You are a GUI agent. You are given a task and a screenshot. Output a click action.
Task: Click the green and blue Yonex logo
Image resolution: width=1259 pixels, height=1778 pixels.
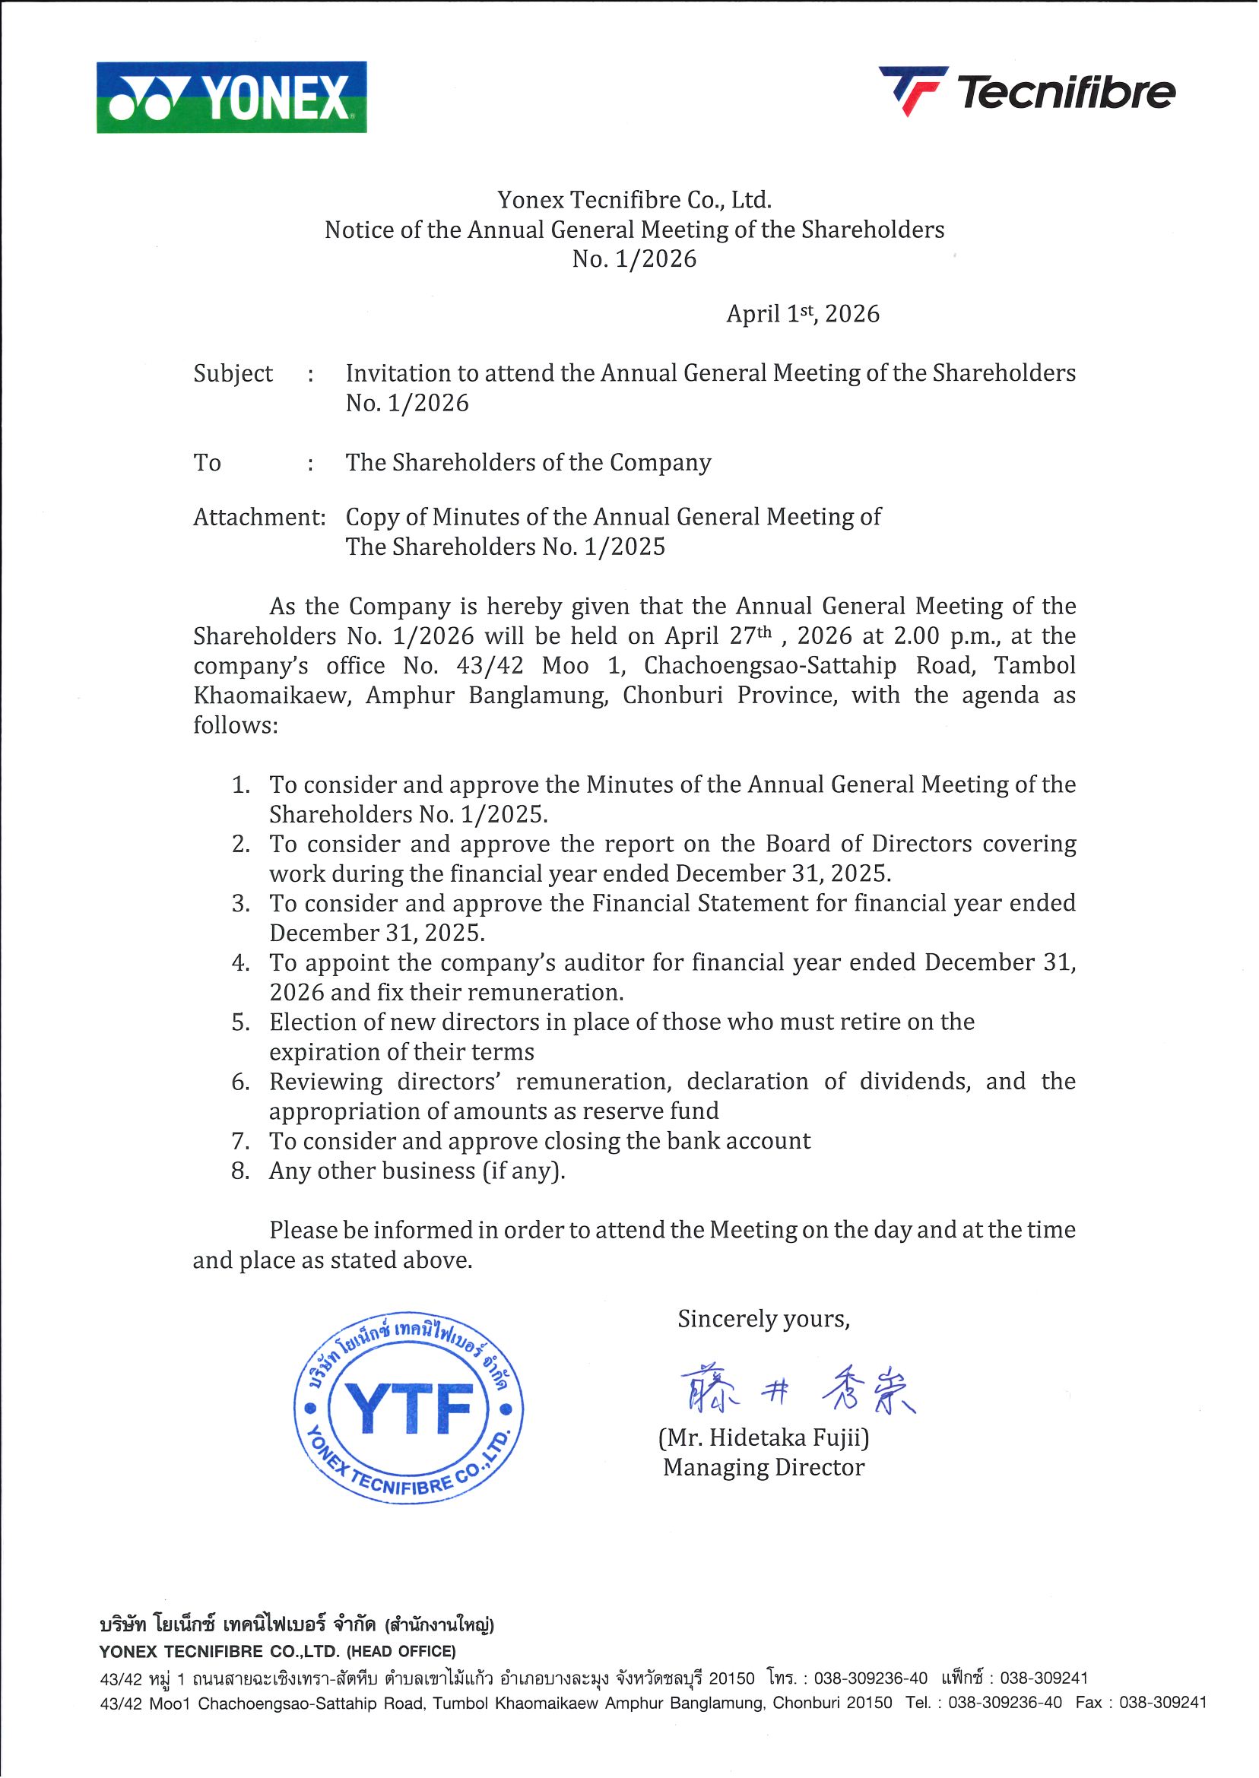tap(231, 97)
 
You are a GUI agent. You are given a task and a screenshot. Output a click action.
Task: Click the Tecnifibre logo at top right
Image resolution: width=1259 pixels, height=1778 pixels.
tap(1026, 91)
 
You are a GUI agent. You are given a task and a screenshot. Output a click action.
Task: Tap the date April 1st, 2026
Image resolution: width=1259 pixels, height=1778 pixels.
tap(802, 314)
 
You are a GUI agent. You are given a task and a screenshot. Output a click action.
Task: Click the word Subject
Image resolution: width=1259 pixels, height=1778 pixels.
tap(233, 373)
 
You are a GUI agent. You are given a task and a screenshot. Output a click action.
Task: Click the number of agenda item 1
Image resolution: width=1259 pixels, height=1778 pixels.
tap(240, 785)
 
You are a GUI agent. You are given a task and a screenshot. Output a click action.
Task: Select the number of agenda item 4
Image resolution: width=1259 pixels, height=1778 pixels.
tap(240, 963)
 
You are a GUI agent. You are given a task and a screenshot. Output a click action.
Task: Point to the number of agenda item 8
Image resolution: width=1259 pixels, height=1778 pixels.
tap(240, 1171)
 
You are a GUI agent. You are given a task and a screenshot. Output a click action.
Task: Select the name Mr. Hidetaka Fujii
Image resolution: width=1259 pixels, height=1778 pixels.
tap(763, 1438)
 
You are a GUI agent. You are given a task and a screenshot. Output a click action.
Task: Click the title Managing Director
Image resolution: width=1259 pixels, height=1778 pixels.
tap(763, 1468)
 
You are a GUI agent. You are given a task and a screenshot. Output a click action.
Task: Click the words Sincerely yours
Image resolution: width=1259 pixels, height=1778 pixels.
tap(763, 1319)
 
